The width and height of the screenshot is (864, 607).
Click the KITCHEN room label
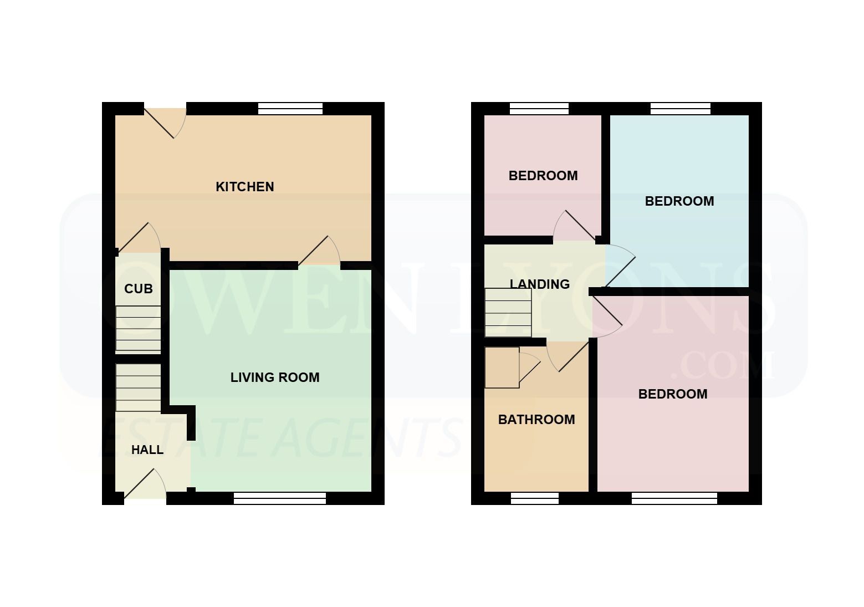click(244, 187)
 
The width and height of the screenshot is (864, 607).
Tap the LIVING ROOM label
click(275, 378)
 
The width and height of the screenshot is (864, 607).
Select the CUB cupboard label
click(139, 289)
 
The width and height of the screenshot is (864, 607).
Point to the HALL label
click(147, 450)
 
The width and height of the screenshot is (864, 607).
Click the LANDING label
click(540, 284)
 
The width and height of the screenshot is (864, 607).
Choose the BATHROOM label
click(536, 420)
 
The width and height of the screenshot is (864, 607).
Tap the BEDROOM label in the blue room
click(679, 201)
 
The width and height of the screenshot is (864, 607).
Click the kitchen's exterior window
click(290, 109)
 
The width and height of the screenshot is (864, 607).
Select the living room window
click(280, 498)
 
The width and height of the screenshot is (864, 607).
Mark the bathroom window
click(535, 498)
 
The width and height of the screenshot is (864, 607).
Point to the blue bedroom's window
click(681, 109)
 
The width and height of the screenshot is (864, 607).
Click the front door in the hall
click(145, 484)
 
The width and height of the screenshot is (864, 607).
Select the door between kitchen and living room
click(319, 251)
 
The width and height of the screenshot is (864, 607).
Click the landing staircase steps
click(508, 313)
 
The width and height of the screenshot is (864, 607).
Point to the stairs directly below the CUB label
click(138, 328)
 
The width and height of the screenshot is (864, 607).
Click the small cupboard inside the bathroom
click(502, 368)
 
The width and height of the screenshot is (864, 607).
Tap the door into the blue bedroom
click(620, 266)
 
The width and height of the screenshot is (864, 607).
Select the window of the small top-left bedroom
click(539, 109)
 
